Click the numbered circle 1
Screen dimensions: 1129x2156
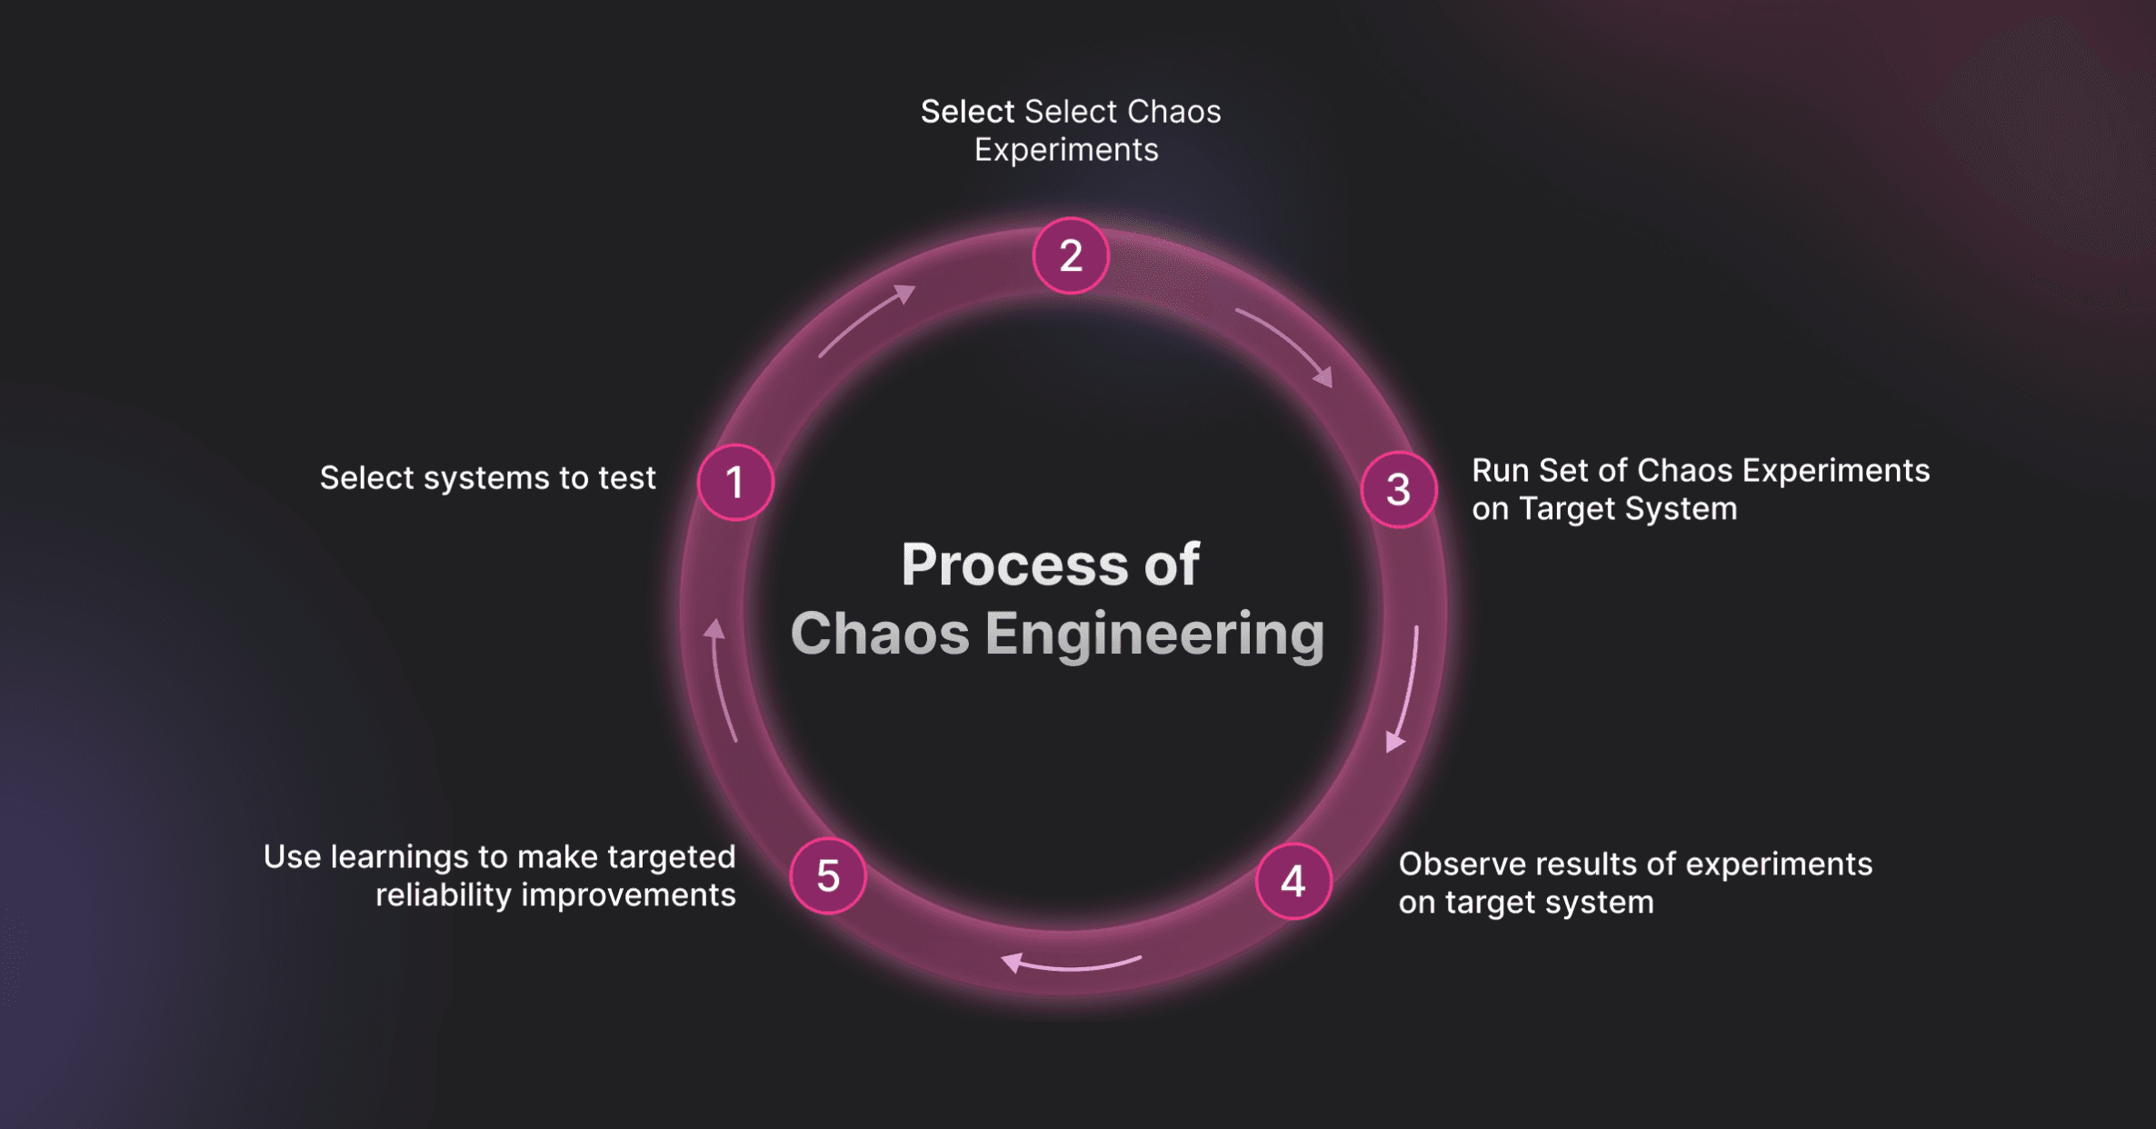pyautogui.click(x=735, y=482)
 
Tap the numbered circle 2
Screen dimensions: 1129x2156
pyautogui.click(x=1071, y=255)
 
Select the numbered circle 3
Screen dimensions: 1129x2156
pyautogui.click(x=1399, y=490)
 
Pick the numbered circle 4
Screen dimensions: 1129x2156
pyautogui.click(x=1293, y=881)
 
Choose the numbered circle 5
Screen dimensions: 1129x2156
pyautogui.click(x=828, y=875)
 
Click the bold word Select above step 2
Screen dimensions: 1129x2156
pyautogui.click(x=967, y=112)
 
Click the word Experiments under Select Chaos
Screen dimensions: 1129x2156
pyautogui.click(x=1066, y=150)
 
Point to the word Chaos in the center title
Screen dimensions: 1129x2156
pyautogui.click(x=880, y=634)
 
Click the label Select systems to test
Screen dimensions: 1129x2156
pyautogui.click(x=487, y=478)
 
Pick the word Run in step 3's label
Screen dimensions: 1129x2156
pyautogui.click(x=1501, y=471)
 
